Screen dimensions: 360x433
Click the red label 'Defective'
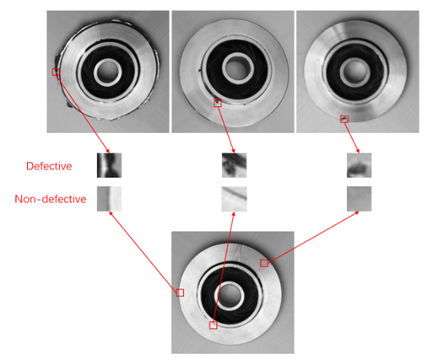coord(48,166)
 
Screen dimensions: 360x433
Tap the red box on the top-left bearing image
coord(57,73)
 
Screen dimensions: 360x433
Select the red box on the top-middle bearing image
coord(218,104)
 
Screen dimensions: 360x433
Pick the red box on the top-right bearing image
coord(344,120)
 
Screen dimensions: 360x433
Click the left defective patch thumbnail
coord(109,164)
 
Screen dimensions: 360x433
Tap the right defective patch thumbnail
coord(359,164)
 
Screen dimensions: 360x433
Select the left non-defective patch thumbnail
coord(109,198)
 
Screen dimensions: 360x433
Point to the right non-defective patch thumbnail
coord(359,198)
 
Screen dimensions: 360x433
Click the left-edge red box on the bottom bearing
coord(180,293)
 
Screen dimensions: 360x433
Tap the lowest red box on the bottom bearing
coord(213,325)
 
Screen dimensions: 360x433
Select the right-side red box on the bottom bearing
coord(264,263)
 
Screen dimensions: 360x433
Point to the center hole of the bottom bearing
coord(231,293)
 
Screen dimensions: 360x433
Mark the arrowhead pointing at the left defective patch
coord(107,150)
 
